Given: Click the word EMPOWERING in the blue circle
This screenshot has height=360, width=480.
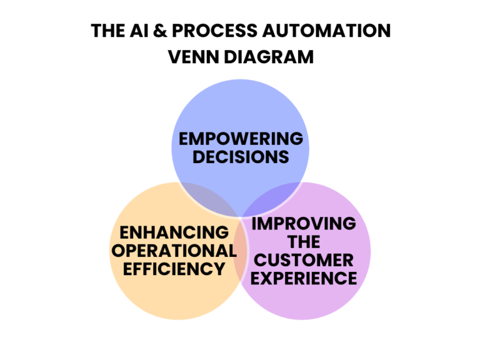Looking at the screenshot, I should [241, 138].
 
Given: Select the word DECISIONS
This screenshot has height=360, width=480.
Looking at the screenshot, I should [241, 156].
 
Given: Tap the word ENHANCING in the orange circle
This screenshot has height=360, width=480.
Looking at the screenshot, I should [174, 232].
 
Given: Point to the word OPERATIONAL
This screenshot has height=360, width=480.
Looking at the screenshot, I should [174, 251].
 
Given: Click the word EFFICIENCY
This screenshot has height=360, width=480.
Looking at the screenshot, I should [174, 269].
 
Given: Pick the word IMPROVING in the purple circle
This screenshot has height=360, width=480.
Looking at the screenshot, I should [304, 224].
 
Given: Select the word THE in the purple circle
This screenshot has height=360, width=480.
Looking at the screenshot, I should [304, 241].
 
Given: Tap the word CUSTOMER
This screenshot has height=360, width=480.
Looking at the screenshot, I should [304, 259].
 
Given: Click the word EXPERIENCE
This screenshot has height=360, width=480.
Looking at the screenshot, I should [304, 277].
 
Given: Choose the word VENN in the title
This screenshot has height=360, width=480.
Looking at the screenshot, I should [192, 57].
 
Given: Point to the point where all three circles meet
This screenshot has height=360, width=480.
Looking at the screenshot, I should [241, 216].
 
